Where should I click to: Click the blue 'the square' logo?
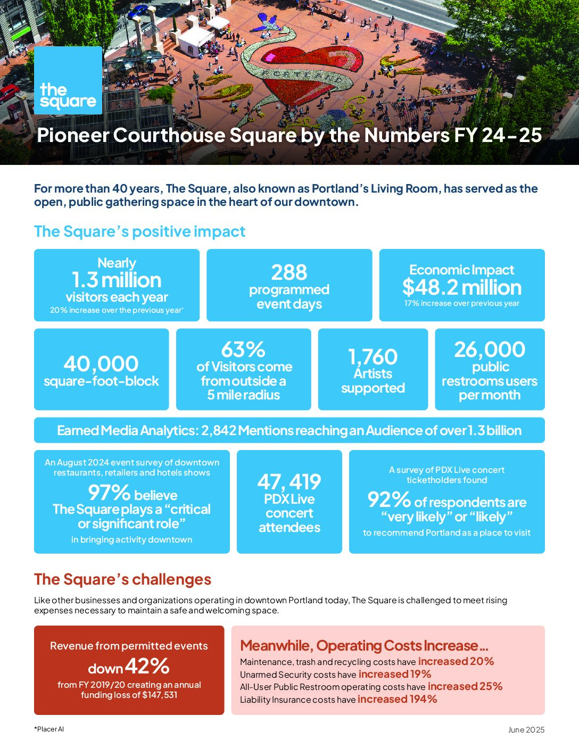(x=68, y=80)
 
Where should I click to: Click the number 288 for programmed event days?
(x=289, y=272)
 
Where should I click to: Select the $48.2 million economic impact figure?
(x=461, y=287)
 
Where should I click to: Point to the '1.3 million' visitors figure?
(x=117, y=280)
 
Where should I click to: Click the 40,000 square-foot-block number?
(x=101, y=364)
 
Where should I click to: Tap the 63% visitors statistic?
(x=243, y=349)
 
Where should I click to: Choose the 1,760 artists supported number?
(x=373, y=356)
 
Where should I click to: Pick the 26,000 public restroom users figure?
(x=490, y=349)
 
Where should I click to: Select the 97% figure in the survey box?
(x=109, y=493)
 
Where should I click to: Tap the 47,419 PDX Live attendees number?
(x=289, y=482)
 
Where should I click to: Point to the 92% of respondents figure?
(x=389, y=500)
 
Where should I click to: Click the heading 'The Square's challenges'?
(x=122, y=579)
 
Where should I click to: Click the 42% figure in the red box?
(x=147, y=666)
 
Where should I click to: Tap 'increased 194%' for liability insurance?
(x=397, y=699)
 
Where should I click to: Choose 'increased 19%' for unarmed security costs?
(x=394, y=674)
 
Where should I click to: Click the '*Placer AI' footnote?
(x=49, y=729)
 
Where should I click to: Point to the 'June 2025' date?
(x=526, y=730)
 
